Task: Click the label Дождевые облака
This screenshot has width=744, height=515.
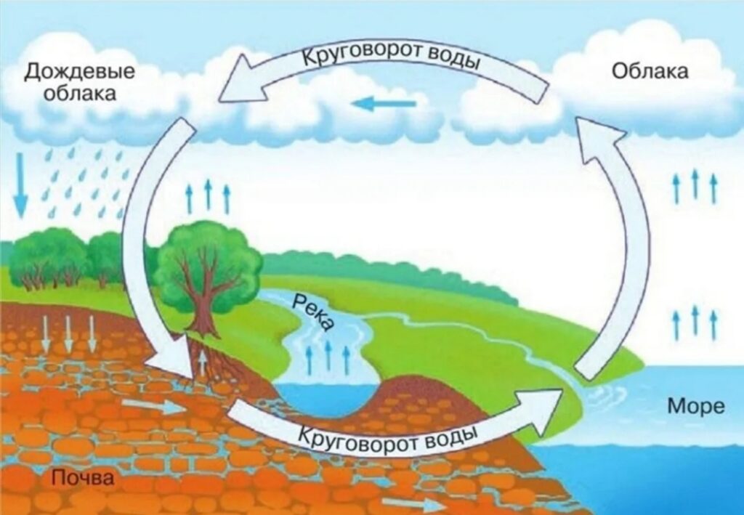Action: [80, 81]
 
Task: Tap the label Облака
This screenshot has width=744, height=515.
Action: [650, 71]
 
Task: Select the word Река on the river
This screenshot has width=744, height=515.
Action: [313, 312]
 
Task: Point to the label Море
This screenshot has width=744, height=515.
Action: [696, 406]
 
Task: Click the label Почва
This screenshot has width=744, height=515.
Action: [83, 477]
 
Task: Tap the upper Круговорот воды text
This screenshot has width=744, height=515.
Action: [390, 56]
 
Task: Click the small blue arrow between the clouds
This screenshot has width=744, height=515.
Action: [384, 103]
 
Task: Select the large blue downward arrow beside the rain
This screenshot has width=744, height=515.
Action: [20, 185]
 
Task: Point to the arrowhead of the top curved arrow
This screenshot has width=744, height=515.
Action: [242, 80]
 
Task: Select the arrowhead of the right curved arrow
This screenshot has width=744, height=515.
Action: [599, 140]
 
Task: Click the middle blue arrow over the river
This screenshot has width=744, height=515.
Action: [328, 356]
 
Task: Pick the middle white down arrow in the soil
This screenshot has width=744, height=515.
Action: [68, 333]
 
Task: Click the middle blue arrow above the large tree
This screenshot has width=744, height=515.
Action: [208, 195]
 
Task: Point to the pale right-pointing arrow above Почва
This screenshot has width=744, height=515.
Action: [152, 406]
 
